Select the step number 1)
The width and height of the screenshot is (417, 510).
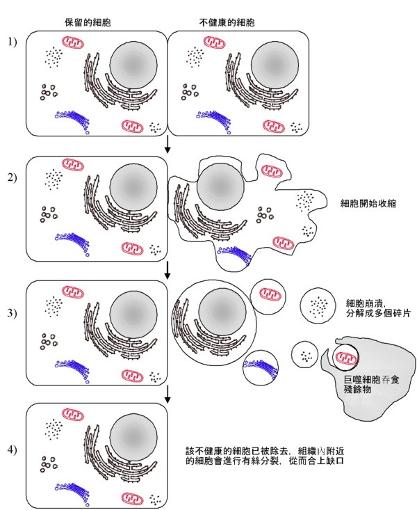12,43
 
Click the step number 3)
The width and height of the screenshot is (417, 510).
12,312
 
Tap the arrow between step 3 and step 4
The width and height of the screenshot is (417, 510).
167,396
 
